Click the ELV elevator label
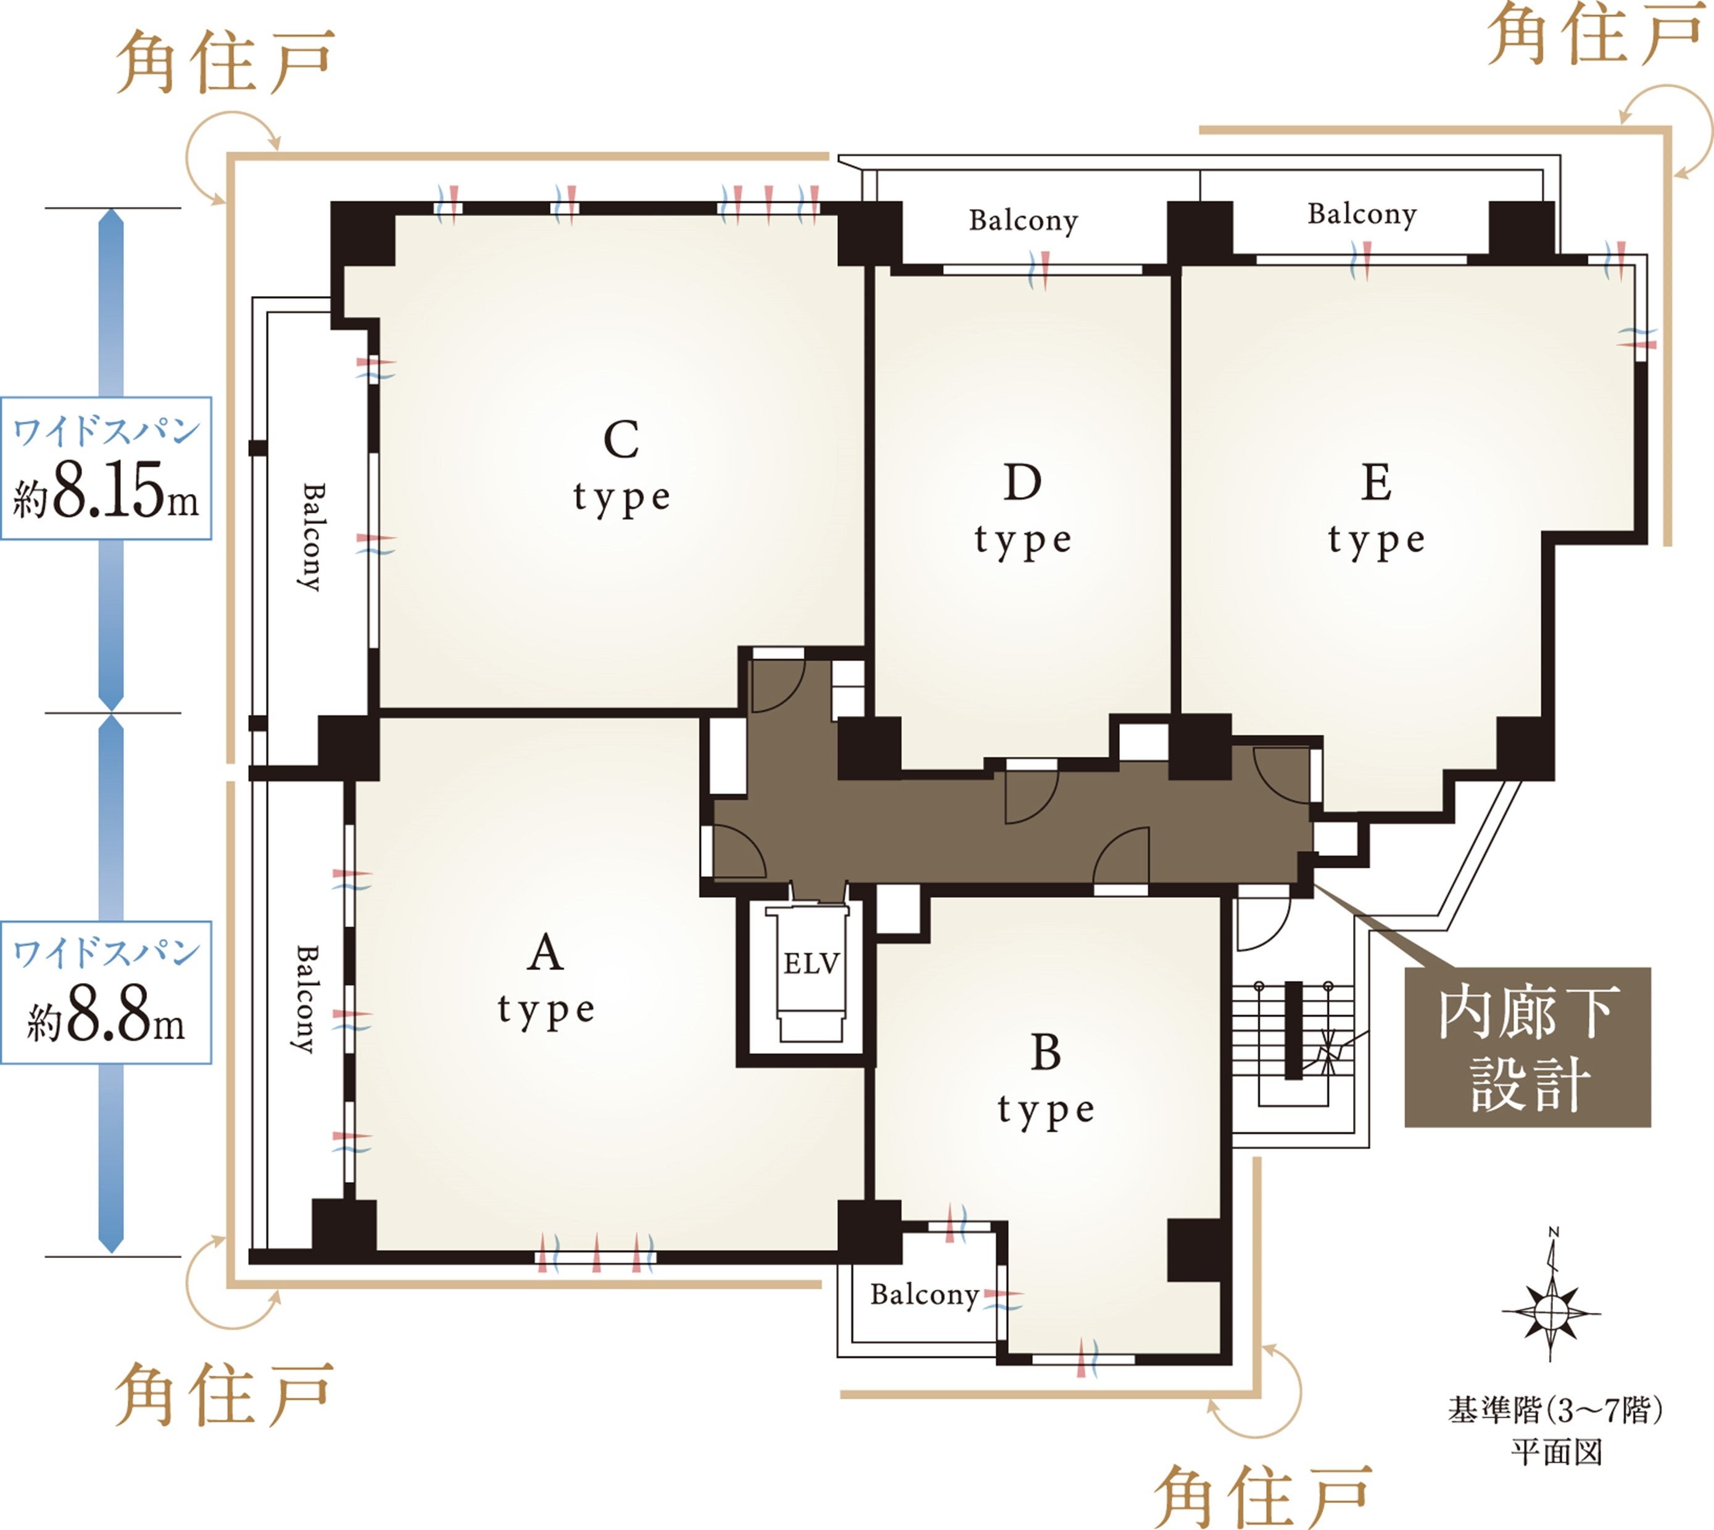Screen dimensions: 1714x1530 click(811, 963)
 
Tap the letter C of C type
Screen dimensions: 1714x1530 click(621, 439)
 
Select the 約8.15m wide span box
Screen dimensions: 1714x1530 click(106, 468)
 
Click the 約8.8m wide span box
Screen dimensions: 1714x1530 click(106, 992)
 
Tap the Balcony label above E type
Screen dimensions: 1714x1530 click(1362, 215)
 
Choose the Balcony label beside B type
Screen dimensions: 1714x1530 click(924, 1294)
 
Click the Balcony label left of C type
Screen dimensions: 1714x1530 click(311, 537)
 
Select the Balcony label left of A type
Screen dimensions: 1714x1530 click(305, 998)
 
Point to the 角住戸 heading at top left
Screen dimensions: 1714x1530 click(225, 62)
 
